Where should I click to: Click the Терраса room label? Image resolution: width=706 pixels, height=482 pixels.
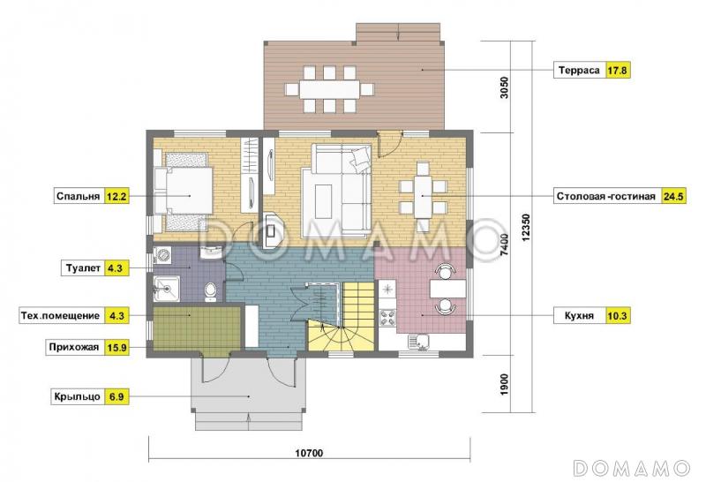point(580,71)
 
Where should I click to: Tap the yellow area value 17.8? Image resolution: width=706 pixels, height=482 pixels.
point(617,71)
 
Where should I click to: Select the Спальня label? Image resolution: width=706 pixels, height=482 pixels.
point(78,196)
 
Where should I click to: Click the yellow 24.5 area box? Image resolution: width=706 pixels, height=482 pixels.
point(673,196)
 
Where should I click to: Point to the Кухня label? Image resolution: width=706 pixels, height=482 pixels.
point(579,316)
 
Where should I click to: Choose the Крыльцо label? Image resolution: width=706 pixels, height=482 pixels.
point(77,397)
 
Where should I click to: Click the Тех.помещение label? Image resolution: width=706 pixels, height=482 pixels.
point(60,316)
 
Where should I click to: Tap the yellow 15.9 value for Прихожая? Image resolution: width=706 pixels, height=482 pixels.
point(116,347)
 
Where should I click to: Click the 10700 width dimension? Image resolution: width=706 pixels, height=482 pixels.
point(309,453)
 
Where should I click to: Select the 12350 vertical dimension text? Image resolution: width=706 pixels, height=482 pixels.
point(528,228)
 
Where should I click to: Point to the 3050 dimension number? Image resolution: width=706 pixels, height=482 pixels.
point(504,88)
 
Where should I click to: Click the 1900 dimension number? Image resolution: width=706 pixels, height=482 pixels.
point(504,385)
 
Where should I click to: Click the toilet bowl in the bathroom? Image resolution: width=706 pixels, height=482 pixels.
point(210,291)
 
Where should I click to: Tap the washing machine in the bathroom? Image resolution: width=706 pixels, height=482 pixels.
point(162,256)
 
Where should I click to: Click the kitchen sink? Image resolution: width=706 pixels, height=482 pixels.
point(419,342)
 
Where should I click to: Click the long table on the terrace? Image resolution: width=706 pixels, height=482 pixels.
point(329,89)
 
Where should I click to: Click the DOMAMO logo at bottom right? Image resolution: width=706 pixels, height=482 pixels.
point(632,468)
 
